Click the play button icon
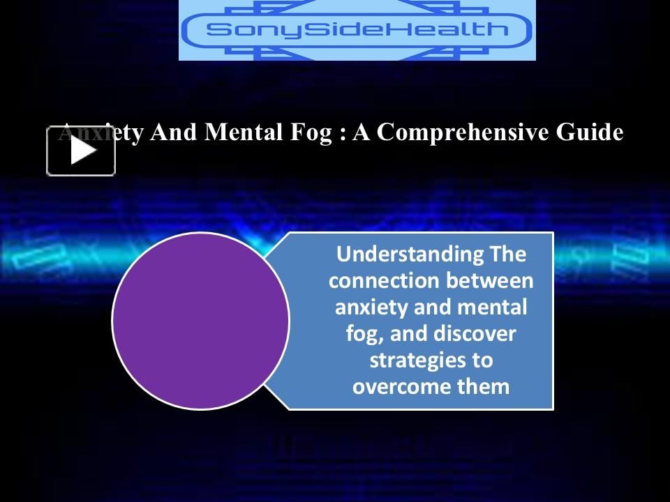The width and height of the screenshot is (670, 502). pos(81,151)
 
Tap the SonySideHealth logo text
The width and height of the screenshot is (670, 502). pos(357,30)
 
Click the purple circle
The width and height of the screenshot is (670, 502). pos(200,321)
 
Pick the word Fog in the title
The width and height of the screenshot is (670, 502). pos(311,132)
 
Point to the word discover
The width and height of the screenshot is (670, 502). pos(475,334)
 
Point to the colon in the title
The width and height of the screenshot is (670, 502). pos(342,133)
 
